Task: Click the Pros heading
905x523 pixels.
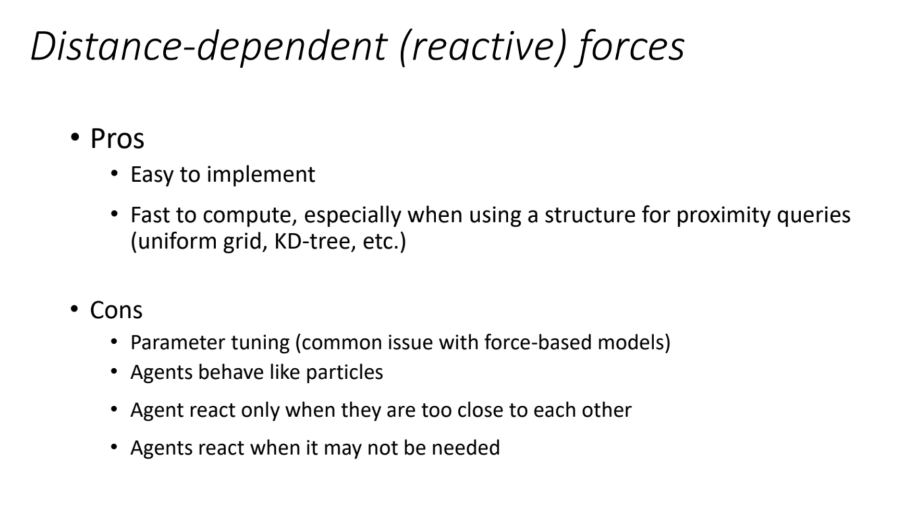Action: point(117,139)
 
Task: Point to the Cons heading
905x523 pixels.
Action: point(116,310)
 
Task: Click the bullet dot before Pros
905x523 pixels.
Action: point(74,138)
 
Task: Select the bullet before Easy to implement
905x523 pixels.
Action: point(114,173)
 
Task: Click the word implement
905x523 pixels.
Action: point(261,174)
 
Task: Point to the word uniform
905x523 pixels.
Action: point(176,241)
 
